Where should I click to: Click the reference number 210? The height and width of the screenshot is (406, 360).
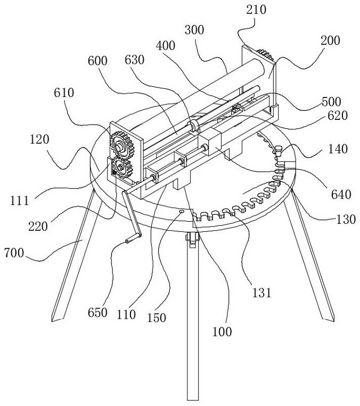pyautogui.click(x=256, y=10)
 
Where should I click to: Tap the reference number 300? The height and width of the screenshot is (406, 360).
pyautogui.click(x=194, y=30)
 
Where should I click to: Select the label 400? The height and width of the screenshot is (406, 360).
pyautogui.click(x=166, y=46)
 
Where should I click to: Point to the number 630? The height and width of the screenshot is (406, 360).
pyautogui.click(x=134, y=60)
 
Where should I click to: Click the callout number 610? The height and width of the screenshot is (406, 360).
pyautogui.click(x=64, y=93)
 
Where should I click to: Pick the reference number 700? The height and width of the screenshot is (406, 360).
pyautogui.click(x=14, y=253)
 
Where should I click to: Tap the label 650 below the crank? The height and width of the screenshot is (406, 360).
pyautogui.click(x=97, y=313)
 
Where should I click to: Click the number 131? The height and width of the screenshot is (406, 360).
pyautogui.click(x=261, y=293)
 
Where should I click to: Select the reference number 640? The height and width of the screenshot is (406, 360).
pyautogui.click(x=341, y=194)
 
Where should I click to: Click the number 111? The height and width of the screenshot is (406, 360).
pyautogui.click(x=19, y=201)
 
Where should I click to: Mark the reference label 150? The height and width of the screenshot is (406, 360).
pyautogui.click(x=157, y=318)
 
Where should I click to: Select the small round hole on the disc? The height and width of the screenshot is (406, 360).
pyautogui.click(x=182, y=212)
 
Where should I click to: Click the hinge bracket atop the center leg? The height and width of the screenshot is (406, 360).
pyautogui.click(x=192, y=240)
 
